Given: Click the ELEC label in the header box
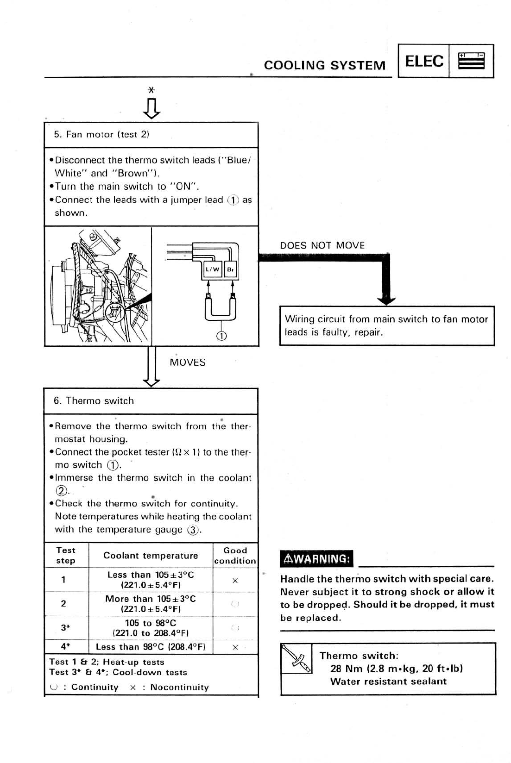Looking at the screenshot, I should [x=424, y=61].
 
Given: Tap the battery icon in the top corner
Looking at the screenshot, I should [x=471, y=61].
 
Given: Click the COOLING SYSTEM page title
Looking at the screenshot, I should [x=324, y=65].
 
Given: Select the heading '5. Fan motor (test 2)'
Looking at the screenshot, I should [x=101, y=135].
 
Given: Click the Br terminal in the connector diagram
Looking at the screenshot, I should [x=231, y=269].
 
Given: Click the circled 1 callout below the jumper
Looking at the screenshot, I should [x=221, y=336].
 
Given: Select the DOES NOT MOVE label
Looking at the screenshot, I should [x=322, y=245].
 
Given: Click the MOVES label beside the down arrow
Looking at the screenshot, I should [x=187, y=363].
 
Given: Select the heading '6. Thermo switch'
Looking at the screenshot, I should [x=94, y=401].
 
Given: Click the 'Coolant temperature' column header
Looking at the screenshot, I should [x=151, y=556].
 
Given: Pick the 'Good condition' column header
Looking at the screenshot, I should [x=235, y=556].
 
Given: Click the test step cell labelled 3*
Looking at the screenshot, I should [x=65, y=628].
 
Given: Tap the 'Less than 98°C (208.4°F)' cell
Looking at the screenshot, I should [x=150, y=647].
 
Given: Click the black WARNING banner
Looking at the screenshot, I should [x=316, y=558].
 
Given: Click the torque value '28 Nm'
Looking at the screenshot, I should [x=347, y=669].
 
